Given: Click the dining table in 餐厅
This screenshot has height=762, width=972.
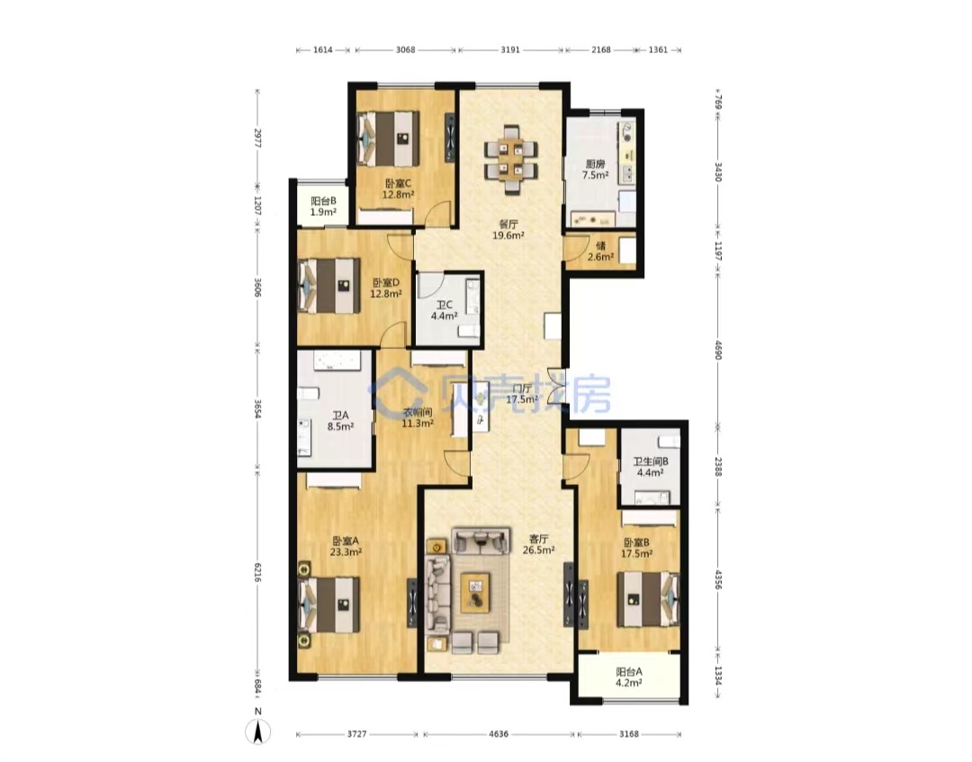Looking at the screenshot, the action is pos(511,159).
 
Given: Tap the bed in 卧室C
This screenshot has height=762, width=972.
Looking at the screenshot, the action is pos(387,139).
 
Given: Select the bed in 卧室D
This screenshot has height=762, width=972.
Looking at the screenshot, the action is pos(328,285).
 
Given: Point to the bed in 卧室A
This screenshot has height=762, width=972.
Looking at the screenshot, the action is pos(328,605).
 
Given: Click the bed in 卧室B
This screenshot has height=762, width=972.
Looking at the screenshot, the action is pos(648,599).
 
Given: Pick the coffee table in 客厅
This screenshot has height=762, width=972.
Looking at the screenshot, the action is pos(475,593).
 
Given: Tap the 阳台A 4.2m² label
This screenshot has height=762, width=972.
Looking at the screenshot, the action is pos(628,677).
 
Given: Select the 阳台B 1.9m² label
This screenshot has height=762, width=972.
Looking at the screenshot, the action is pos(323,206).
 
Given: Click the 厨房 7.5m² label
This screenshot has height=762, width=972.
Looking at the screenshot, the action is pos(595,170).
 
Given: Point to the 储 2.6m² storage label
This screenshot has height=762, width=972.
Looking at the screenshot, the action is pos(600,251).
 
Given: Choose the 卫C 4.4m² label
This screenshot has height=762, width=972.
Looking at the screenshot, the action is pos(445,310).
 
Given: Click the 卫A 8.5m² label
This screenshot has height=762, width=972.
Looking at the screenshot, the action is pos(340,421).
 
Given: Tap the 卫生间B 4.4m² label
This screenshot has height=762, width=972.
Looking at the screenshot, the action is pos(651,467).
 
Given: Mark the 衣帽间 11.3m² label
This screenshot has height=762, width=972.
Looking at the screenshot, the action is pos(418,418).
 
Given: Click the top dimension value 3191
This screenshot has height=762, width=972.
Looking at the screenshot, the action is pos(510,49).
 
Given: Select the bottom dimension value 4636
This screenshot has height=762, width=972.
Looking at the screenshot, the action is pos(499,734).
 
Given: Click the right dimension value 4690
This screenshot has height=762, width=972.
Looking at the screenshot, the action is pos(718,350).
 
